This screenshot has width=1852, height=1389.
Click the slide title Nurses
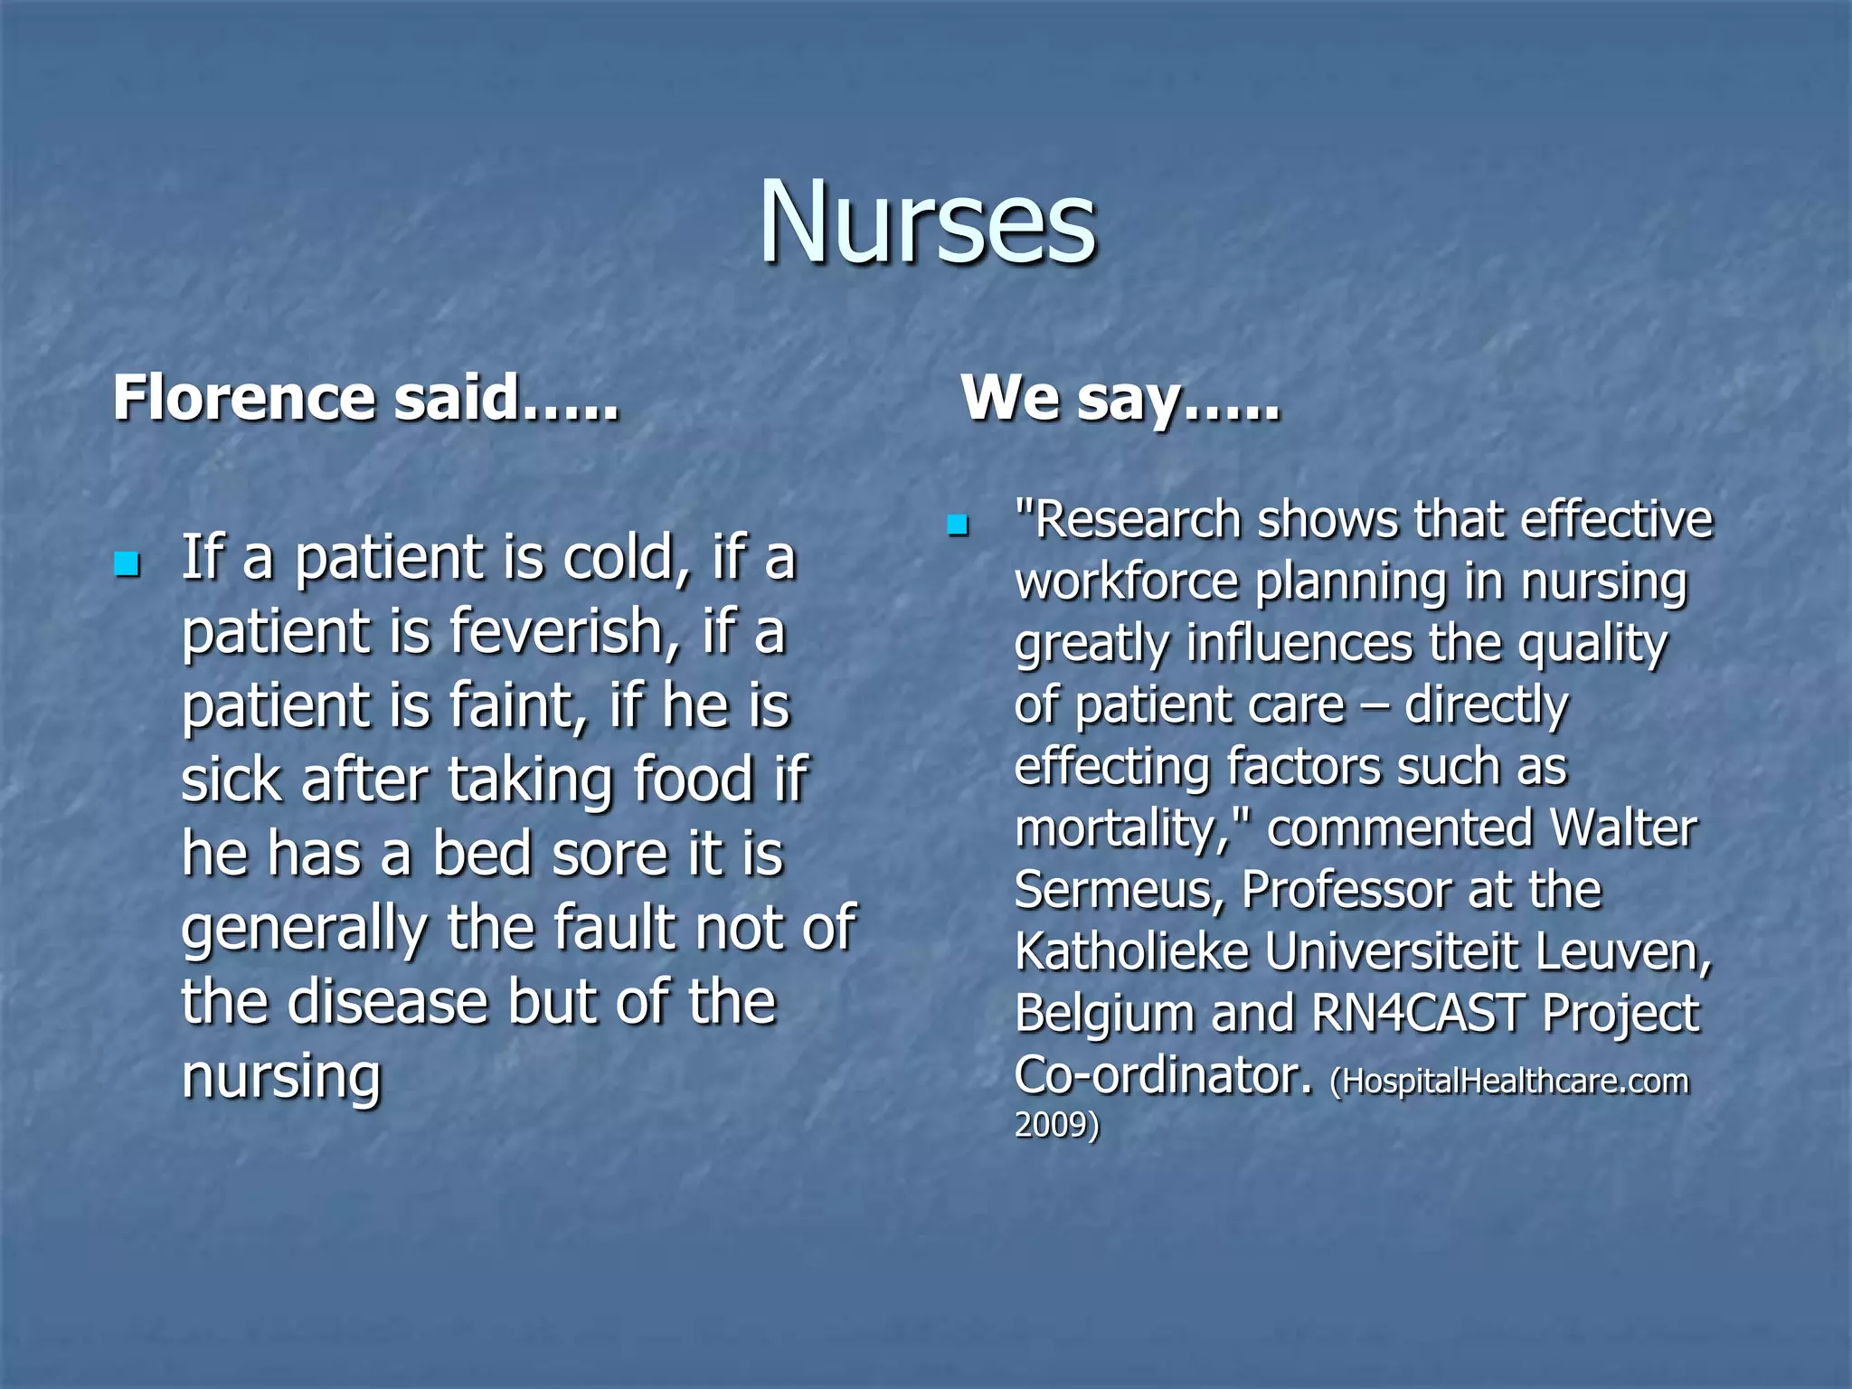(927, 223)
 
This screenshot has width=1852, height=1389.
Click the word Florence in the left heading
(243, 398)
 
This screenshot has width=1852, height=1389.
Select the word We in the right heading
(1008, 398)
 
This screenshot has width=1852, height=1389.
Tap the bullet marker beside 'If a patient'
(127, 565)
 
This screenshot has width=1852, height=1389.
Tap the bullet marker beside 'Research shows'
(957, 524)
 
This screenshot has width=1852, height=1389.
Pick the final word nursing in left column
(281, 1076)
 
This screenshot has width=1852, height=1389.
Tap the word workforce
(1127, 582)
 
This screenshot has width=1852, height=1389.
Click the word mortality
(1121, 829)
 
